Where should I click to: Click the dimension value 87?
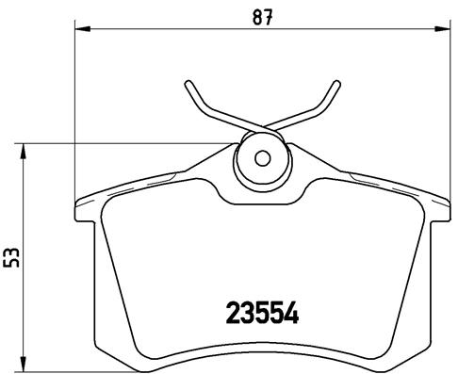point(263,15)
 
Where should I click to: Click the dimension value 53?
point(12,256)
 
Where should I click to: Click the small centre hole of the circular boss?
point(263,157)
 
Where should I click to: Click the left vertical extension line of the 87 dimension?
point(74,113)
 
